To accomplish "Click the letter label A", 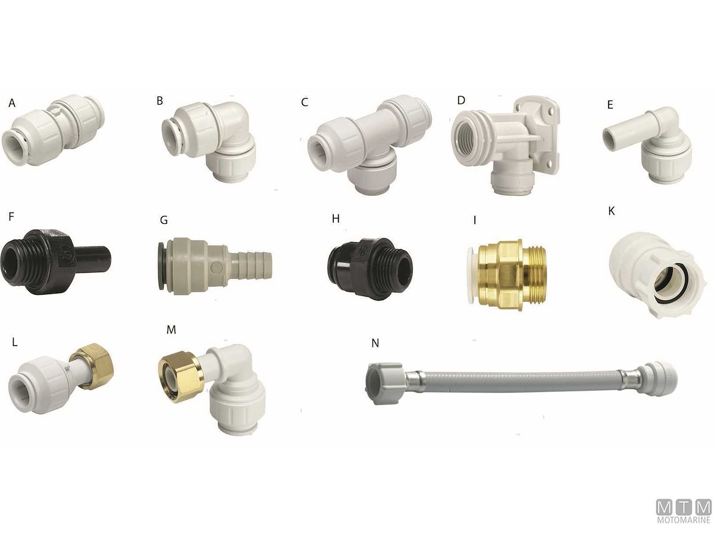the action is [x=12, y=103].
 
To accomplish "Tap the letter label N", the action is [x=375, y=343].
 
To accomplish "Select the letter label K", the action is [x=612, y=211].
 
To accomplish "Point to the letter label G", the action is [x=164, y=220].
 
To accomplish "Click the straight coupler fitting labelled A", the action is [x=53, y=130].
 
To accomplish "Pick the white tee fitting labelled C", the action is [x=369, y=143].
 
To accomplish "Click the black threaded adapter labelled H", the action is [x=370, y=269].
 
